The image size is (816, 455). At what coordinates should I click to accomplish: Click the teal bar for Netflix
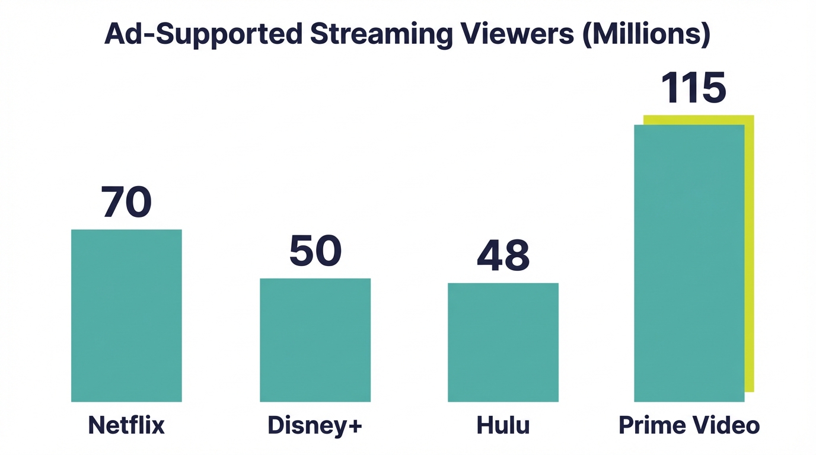point(126,315)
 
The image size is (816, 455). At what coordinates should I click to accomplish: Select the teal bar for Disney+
point(315,340)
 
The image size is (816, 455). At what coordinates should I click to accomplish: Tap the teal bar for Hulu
point(503,342)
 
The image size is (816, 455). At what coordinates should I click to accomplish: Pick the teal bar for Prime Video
point(689,263)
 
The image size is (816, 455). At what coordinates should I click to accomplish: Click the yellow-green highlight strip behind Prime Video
point(749,255)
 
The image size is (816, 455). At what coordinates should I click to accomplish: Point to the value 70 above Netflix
point(126,202)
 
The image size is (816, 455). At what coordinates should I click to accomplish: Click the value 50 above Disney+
point(315,251)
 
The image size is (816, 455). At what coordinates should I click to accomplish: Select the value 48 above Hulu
point(503,256)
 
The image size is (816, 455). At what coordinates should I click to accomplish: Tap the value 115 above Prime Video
point(693,89)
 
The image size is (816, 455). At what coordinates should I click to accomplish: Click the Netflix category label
point(126,425)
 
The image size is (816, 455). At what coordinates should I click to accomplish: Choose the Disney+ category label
point(315,425)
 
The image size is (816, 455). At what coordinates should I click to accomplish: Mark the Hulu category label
point(503,425)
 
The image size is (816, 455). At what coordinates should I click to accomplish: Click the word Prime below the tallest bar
point(649,425)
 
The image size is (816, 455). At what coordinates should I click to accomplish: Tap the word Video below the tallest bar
point(726,425)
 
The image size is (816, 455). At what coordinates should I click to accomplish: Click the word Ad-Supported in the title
point(203,35)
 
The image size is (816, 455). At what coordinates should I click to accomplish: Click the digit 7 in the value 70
point(113,202)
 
